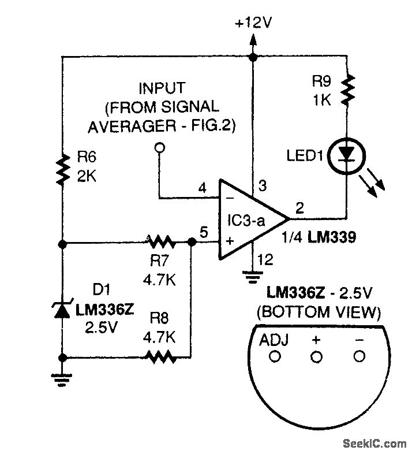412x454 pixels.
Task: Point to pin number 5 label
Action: [x=203, y=233]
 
